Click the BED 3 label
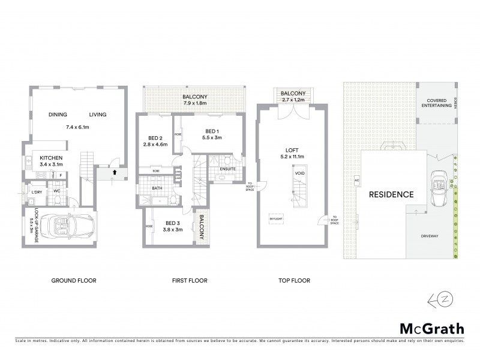(x=173, y=223)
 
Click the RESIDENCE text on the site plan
(x=391, y=194)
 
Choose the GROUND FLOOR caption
(x=74, y=280)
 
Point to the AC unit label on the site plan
(x=356, y=180)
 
